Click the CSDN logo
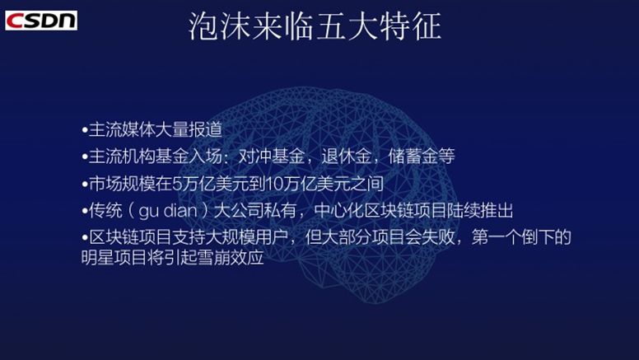pyautogui.click(x=40, y=20)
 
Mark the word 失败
pyautogui.click(x=450, y=237)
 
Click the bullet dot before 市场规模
pyautogui.click(x=85, y=183)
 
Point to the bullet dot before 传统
pyautogui.click(x=85, y=210)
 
